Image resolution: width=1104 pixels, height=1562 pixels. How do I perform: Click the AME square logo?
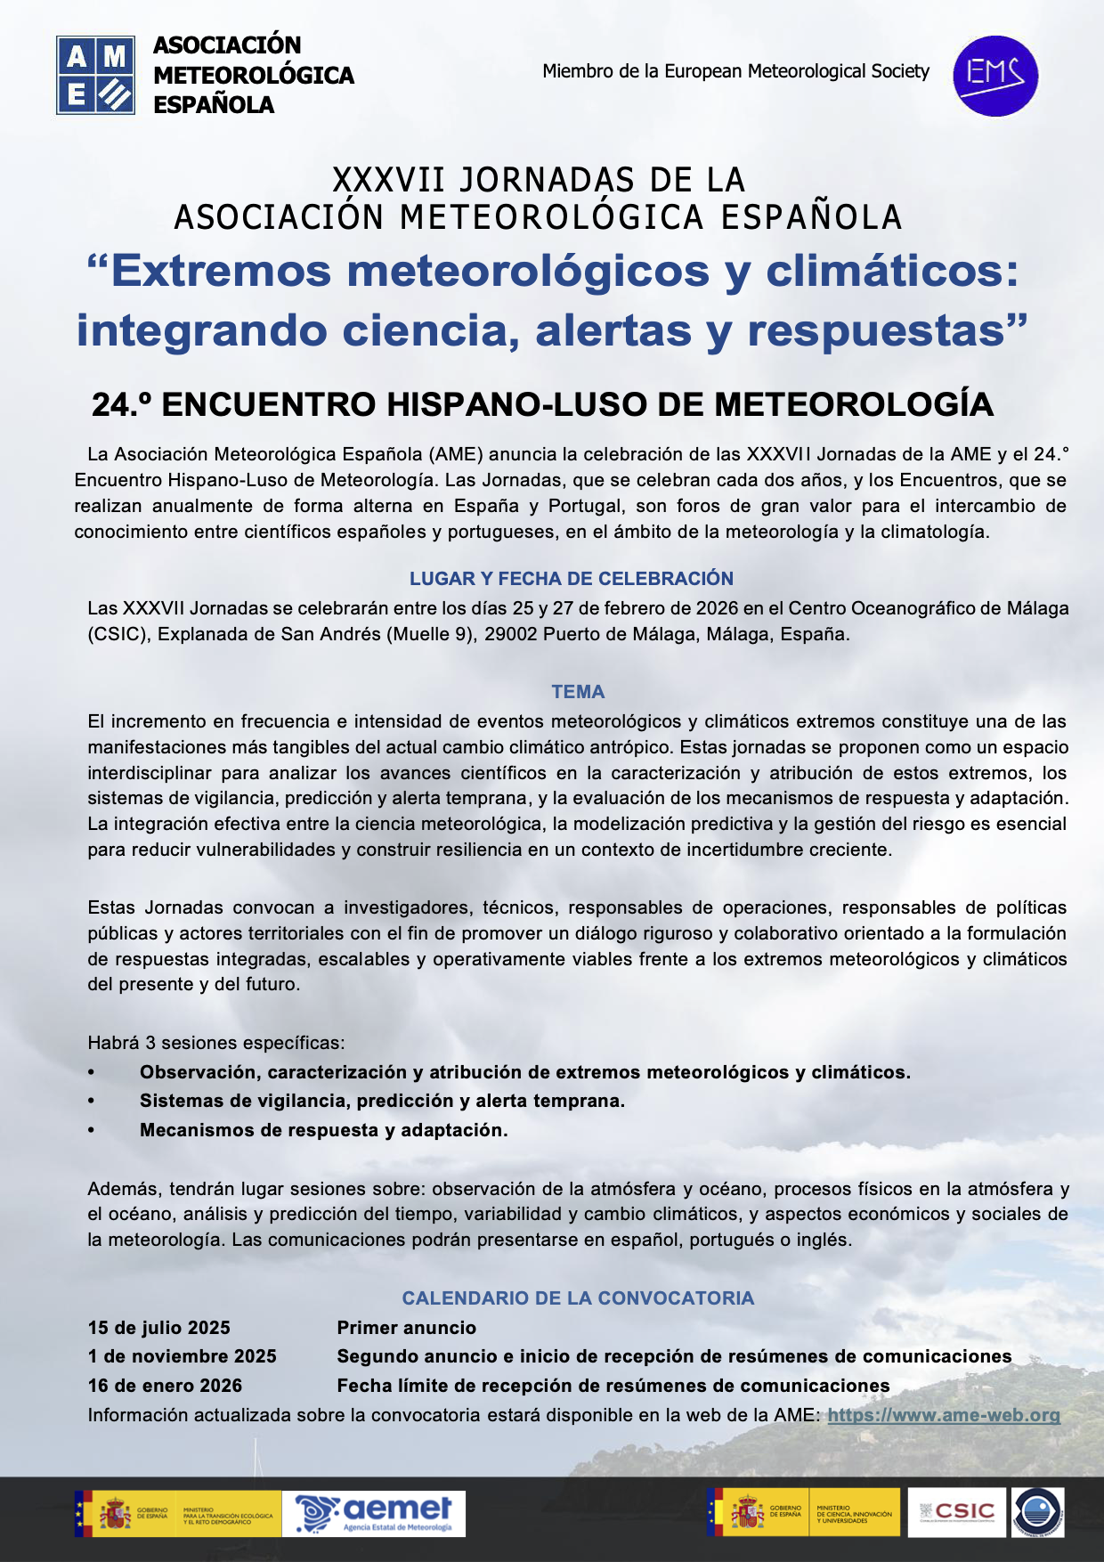[x=95, y=75]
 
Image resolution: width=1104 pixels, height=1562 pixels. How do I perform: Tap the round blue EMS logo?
[x=995, y=76]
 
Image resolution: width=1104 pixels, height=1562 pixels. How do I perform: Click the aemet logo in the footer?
[x=375, y=1513]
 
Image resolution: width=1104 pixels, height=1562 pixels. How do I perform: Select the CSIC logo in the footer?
[x=957, y=1512]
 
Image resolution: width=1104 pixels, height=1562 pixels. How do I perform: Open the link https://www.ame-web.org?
[x=944, y=1415]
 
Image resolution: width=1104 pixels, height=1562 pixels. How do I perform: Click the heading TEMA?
[x=578, y=692]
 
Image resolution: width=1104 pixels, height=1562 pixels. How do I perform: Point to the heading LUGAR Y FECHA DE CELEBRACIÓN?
[x=571, y=579]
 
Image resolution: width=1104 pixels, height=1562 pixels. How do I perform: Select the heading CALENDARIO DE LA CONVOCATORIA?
[x=578, y=1298]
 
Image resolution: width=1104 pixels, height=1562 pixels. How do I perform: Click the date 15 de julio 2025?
[x=158, y=1328]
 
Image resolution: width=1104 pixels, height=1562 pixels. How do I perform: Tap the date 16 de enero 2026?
[x=165, y=1386]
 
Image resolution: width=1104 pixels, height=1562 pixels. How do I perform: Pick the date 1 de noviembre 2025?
[x=182, y=1356]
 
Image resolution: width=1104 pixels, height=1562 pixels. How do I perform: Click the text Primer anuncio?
[x=406, y=1328]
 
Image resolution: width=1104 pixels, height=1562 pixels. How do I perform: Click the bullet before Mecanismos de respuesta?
[x=91, y=1130]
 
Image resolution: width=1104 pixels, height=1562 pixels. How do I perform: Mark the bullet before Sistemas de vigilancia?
[x=91, y=1101]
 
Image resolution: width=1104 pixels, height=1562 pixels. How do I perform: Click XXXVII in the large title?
[x=388, y=181]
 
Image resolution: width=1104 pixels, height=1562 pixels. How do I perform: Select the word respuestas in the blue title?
[x=876, y=330]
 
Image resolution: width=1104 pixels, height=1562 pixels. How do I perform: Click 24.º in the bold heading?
[x=121, y=404]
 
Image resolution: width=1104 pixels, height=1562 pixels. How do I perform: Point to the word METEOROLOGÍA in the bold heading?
[x=853, y=404]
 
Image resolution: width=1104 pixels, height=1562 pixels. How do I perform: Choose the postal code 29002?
[x=510, y=634]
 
